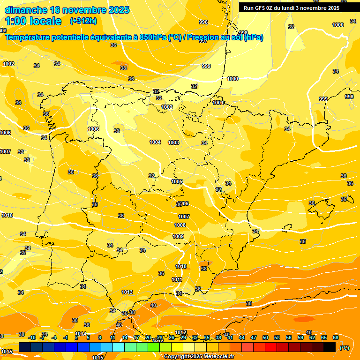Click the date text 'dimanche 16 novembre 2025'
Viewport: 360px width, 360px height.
pos(67,10)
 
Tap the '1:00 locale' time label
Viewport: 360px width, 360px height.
pos(33,21)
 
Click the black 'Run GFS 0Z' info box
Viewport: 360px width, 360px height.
pos(292,7)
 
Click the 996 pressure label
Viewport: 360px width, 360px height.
pos(203,22)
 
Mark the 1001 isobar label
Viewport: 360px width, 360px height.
pos(218,103)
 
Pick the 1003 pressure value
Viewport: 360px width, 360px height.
pos(173,142)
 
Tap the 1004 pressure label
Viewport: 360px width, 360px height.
pos(156,142)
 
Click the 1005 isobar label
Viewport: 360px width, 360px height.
pos(177,181)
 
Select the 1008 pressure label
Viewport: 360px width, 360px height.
pos(180,225)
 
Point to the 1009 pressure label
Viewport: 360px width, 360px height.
pos(178,236)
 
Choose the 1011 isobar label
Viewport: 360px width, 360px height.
pos(177,279)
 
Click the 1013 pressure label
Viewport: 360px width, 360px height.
pos(127,292)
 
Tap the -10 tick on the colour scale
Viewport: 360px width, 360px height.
pos(32,337)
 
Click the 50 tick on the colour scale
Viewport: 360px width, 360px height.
pos(265,337)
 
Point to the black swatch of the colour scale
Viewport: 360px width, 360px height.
pos(330,347)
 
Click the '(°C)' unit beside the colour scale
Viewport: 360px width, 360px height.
pos(345,348)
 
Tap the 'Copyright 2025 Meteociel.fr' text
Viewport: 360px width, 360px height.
pos(199,356)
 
